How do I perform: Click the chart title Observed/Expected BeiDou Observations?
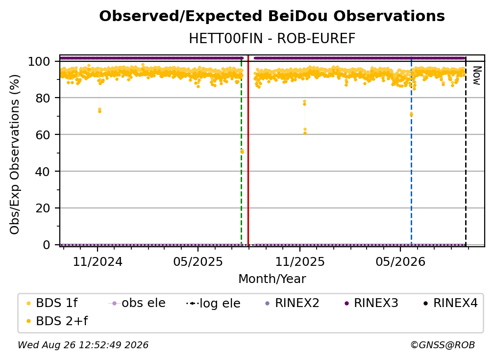pos(272,16)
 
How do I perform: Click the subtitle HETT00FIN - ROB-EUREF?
pos(272,39)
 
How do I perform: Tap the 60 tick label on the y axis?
pos(43,134)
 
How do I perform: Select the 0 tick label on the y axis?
pos(46,245)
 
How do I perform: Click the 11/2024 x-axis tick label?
pos(98,261)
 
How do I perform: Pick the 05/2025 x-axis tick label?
pos(198,261)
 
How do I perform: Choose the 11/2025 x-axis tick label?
pos(300,261)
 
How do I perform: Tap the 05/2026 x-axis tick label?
pos(400,261)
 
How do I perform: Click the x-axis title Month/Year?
pos(272,279)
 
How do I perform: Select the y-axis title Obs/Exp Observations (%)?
pos(15,154)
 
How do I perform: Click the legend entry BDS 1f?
pos(52,303)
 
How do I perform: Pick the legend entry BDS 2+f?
pos(57,321)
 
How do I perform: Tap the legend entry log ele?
pos(214,304)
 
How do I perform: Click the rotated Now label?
pos(476,76)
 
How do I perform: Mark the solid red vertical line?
pos(248,150)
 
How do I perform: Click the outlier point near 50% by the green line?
pos(242,152)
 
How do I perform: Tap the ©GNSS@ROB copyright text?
pos(443,345)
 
